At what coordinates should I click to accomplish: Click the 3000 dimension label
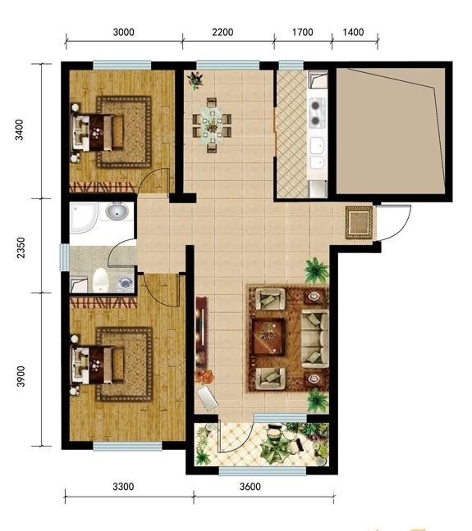123,32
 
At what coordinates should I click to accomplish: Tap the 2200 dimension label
222,32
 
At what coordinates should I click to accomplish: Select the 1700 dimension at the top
302,32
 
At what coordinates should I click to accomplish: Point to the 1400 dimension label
353,32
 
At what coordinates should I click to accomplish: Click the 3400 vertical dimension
20,129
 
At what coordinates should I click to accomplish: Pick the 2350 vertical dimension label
21,247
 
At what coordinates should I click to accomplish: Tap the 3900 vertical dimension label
21,376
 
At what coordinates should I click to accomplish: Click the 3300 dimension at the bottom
123,487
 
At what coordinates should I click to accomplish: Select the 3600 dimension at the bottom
250,487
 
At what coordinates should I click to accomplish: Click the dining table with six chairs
212,125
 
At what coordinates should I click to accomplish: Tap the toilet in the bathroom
101,279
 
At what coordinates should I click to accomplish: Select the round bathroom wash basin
117,211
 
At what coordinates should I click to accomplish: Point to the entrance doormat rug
360,222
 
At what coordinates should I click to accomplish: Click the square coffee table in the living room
268,337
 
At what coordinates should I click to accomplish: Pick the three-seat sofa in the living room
315,339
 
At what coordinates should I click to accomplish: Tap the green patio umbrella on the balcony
277,447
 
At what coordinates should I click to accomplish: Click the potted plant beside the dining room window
195,80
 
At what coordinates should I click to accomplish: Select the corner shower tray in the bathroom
84,218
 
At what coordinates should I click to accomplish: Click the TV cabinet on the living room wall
201,333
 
